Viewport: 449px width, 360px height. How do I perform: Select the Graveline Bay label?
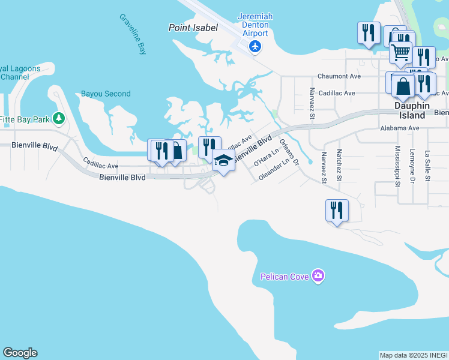coord(133,34)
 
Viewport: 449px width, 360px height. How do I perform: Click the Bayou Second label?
coord(106,94)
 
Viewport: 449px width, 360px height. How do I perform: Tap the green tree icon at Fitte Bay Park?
coord(58,118)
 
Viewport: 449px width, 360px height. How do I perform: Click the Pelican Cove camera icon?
coord(318,276)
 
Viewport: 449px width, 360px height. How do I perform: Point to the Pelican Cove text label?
coord(285,277)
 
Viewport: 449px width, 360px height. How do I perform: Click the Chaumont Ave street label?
coord(339,76)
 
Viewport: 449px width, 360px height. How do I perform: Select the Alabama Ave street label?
coord(400,128)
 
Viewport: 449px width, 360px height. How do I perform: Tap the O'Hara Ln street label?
coord(267,157)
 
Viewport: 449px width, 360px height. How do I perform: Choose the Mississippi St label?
coord(397,166)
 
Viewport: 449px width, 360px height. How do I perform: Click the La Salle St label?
coord(427,167)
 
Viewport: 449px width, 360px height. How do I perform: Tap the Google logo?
coord(20,353)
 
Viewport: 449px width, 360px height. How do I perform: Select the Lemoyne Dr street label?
coord(412,166)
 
